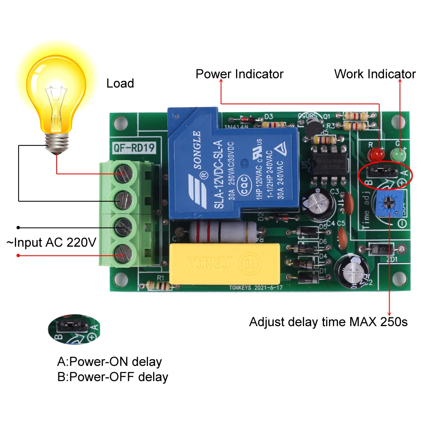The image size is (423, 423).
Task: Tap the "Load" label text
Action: [x=120, y=83]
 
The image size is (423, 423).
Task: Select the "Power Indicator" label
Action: [x=239, y=74]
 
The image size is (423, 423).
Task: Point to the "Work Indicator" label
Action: [x=375, y=74]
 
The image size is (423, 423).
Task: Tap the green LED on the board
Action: [x=397, y=155]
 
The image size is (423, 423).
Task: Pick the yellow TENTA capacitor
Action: [x=224, y=263]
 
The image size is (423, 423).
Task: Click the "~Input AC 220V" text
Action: [x=51, y=242]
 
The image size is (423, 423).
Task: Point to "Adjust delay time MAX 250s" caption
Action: [x=328, y=322]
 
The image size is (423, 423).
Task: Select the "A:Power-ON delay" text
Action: [x=110, y=362]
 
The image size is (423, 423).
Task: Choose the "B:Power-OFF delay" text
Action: [x=113, y=376]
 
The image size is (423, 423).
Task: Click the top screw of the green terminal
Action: [x=123, y=173]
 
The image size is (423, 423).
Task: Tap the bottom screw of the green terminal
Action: [x=123, y=253]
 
